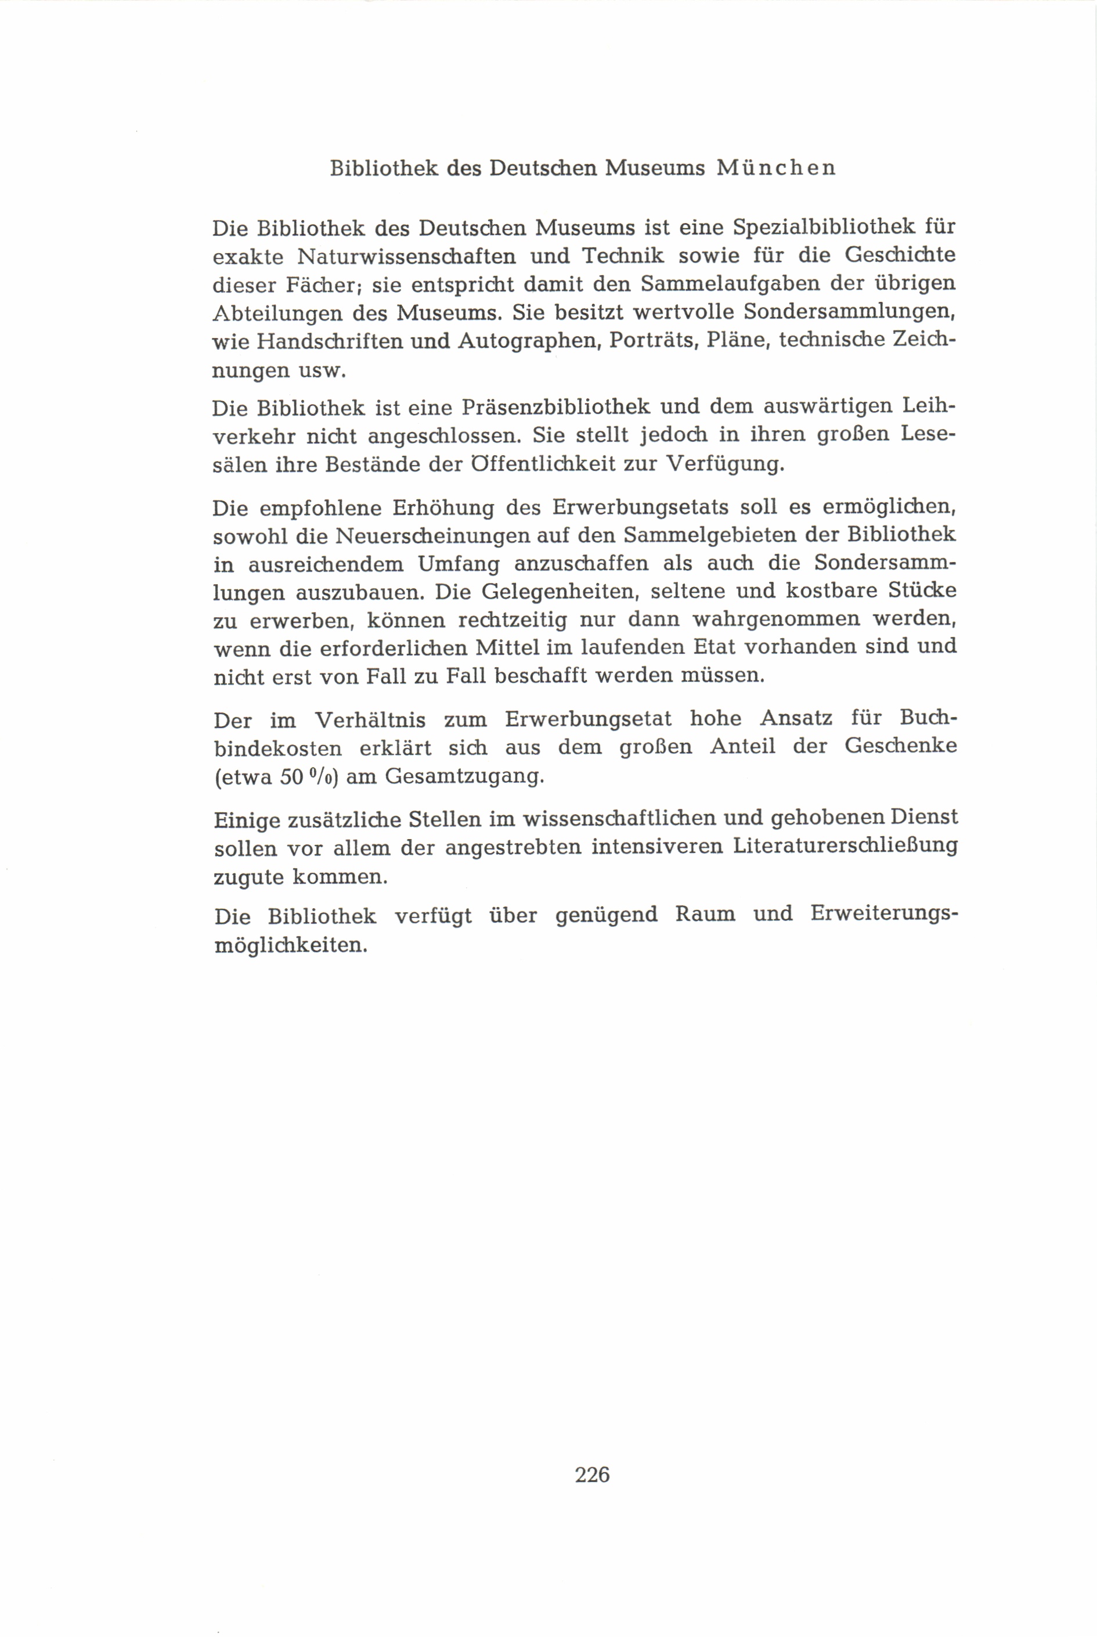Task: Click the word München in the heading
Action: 776,168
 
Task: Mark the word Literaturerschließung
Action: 845,847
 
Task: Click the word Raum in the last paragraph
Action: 705,915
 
